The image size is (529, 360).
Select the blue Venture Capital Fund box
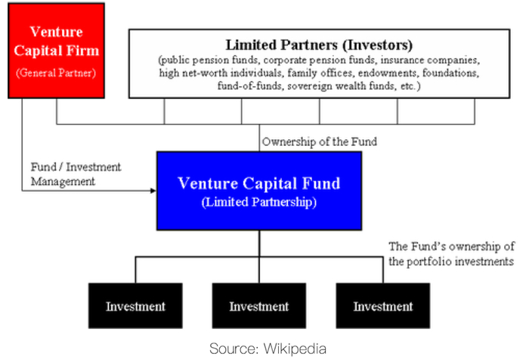(x=258, y=191)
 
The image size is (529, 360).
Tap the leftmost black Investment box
(x=135, y=306)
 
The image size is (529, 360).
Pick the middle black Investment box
(x=258, y=306)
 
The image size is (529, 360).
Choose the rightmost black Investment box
(x=382, y=306)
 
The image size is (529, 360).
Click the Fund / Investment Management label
(x=76, y=174)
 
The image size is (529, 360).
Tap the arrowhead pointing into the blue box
(x=152, y=190)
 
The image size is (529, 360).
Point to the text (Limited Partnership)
(x=258, y=203)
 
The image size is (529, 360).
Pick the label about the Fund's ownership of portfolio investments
(x=451, y=254)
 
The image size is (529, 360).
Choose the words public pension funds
(x=203, y=59)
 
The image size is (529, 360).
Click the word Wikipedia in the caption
(x=294, y=348)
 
